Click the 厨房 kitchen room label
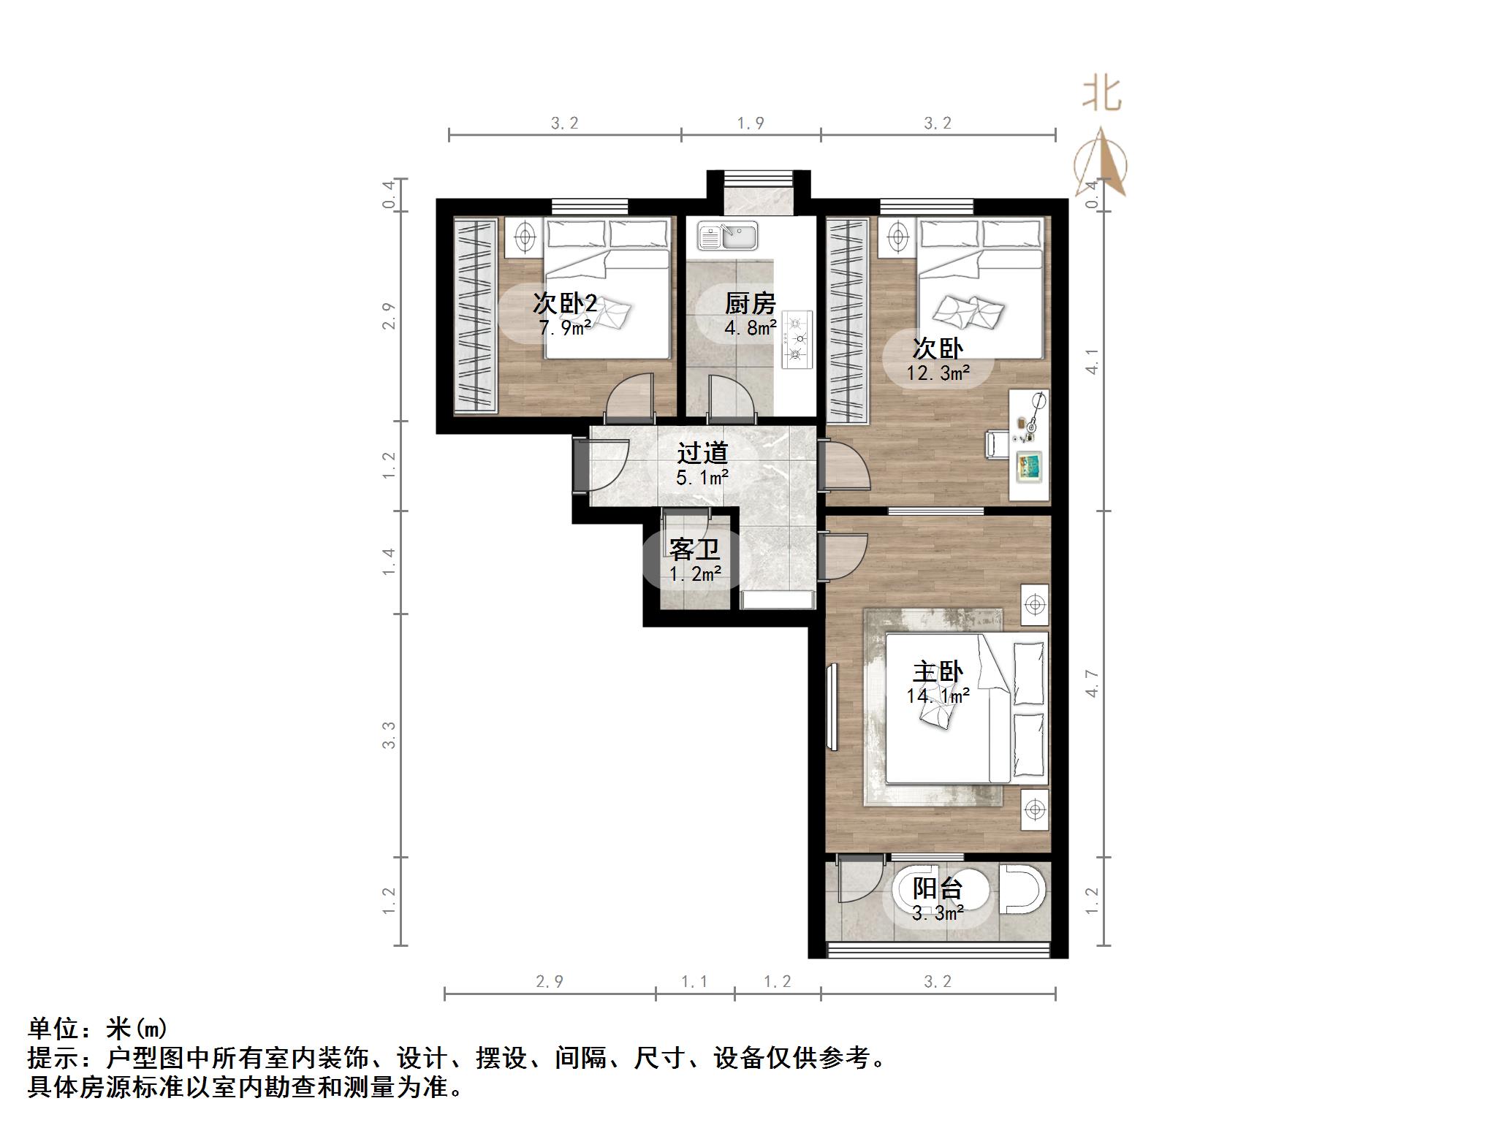750,302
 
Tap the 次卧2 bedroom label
564,302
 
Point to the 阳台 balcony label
938,889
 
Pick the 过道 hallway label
702,454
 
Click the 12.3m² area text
938,373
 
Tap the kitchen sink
727,236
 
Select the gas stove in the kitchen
797,339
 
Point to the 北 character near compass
1101,94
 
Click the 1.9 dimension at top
751,123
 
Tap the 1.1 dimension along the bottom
694,981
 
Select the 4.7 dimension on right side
1092,683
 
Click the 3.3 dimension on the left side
389,734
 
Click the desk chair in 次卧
996,444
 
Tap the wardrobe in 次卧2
475,316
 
